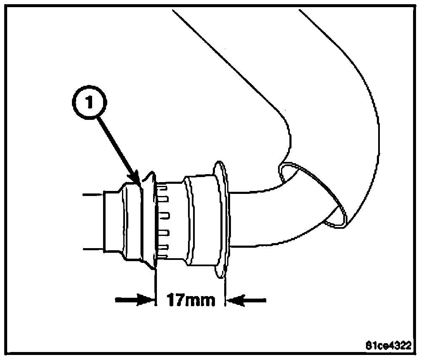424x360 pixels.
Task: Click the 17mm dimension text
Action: pos(191,301)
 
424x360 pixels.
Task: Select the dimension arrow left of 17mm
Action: pos(135,300)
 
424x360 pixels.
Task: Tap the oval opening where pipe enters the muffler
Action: pos(314,195)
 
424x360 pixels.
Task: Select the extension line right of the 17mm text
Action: pos(226,286)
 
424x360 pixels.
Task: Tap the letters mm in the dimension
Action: pos(202,301)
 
